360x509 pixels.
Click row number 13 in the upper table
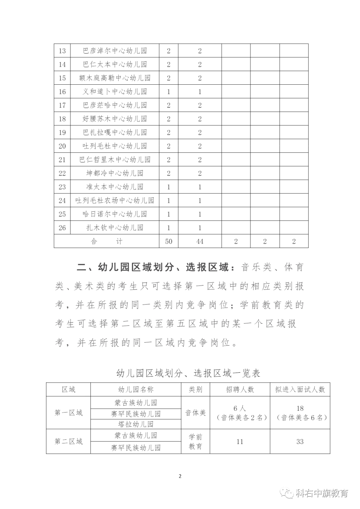62,51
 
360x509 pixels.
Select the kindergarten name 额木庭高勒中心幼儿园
115,78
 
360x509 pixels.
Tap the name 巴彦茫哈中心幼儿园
115,105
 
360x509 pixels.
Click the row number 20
62,146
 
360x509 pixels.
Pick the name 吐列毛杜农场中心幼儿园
115,200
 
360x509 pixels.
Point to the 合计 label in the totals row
107,241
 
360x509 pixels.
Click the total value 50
169,241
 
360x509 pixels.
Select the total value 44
200,241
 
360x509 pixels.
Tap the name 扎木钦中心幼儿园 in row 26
115,228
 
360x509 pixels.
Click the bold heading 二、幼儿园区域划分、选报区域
153,267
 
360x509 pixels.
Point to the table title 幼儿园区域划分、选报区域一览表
188,373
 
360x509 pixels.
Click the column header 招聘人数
240,389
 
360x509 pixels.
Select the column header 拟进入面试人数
300,389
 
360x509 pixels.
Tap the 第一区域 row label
68,413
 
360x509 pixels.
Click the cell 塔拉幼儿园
136,424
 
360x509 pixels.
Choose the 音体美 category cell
196,413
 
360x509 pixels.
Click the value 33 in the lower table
300,442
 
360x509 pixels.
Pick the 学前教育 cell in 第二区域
196,442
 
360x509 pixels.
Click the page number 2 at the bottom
180,476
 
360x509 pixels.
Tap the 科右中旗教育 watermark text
322,493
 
